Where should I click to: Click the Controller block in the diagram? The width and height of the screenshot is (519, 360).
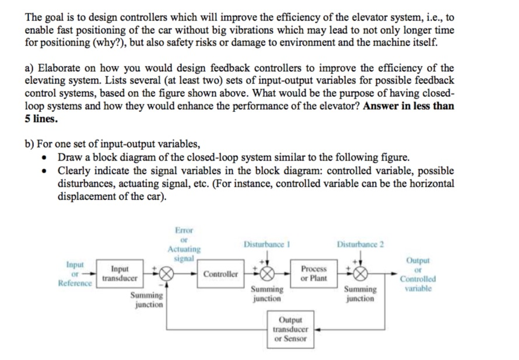(221, 274)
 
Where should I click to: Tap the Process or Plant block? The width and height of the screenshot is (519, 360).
(314, 273)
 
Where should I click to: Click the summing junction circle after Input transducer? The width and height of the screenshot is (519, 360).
(167, 274)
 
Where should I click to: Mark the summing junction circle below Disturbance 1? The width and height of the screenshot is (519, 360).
(266, 273)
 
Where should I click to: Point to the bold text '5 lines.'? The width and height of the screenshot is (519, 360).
(41, 118)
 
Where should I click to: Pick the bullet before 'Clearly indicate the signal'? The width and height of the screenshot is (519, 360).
(46, 171)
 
